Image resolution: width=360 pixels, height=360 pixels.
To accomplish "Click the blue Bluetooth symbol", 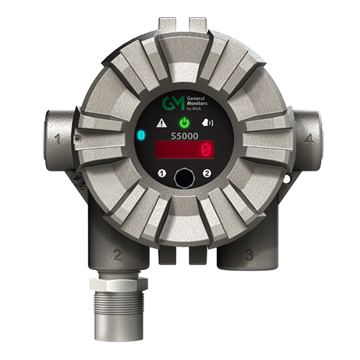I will click(141, 135).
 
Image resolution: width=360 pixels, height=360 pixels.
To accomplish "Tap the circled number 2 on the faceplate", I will click(207, 173).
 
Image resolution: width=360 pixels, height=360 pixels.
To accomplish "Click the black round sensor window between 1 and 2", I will click(184, 175).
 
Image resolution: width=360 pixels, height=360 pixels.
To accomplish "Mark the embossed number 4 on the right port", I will click(308, 140).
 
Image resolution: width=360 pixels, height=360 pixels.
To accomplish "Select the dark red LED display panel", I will click(184, 151).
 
